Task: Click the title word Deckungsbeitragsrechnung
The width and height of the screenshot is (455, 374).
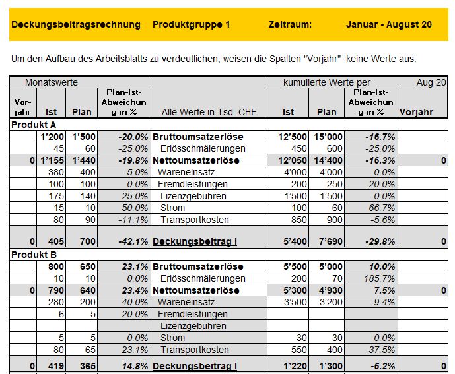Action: point(76,24)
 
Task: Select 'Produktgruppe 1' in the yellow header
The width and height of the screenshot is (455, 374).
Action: point(192,24)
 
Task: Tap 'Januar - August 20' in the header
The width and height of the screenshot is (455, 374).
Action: point(389,24)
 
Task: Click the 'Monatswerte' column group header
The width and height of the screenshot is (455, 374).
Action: point(52,82)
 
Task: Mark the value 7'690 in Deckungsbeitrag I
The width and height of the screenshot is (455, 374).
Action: point(327,241)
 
